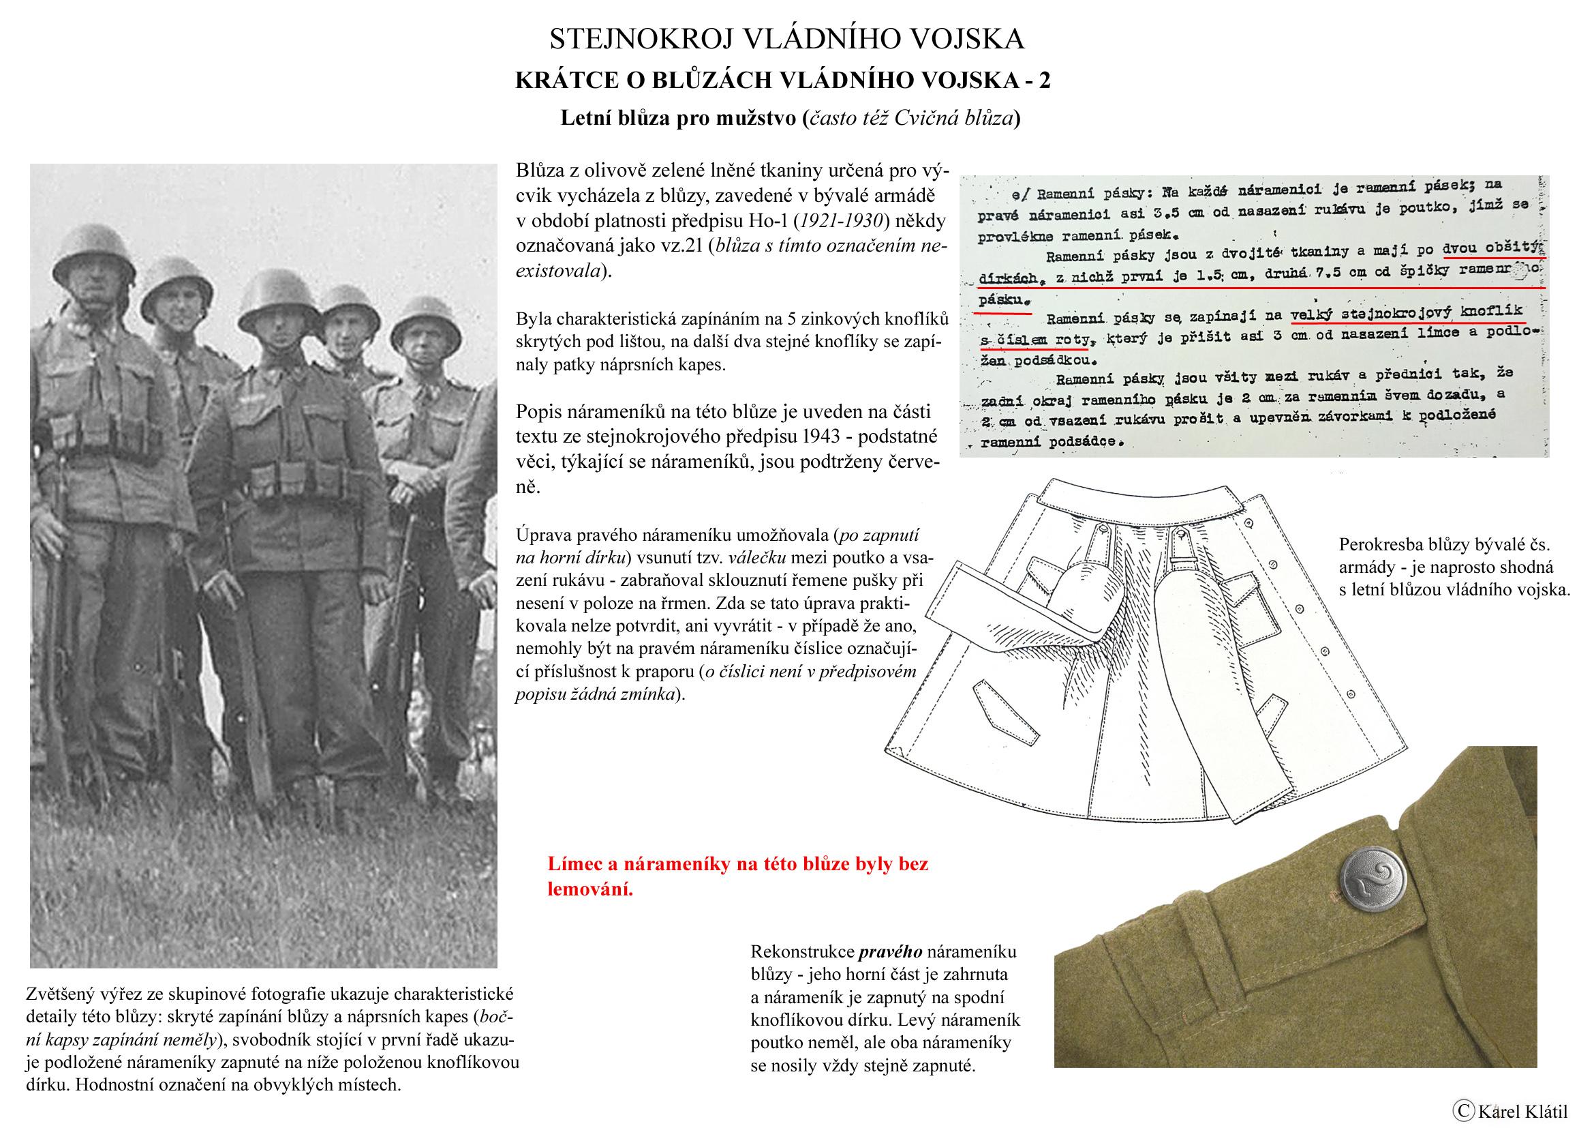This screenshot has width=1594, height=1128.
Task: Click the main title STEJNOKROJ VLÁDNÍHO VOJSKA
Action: (786, 40)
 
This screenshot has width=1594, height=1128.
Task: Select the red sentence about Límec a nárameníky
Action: (737, 876)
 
